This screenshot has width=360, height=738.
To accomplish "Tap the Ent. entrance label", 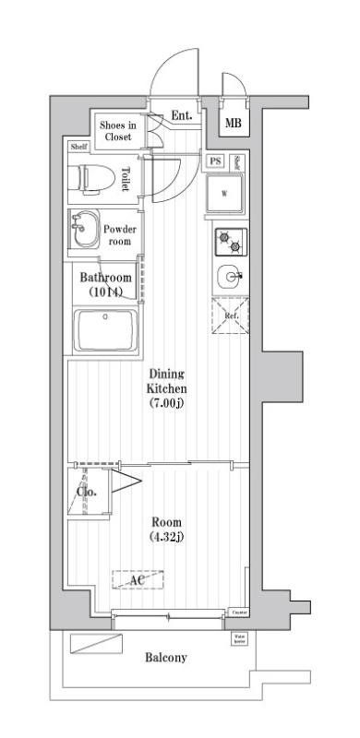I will tap(182, 116).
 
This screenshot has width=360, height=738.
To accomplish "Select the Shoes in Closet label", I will tap(117, 130).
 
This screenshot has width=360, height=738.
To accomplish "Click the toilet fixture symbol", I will tap(91, 176).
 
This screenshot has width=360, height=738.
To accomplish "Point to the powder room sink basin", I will tap(83, 228).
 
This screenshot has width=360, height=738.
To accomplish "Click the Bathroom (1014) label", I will tap(105, 284).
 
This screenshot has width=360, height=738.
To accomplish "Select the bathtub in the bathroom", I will tap(106, 331).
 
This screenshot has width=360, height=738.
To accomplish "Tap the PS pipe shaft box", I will tap(215, 161).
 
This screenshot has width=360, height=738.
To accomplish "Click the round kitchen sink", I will tap(230, 275).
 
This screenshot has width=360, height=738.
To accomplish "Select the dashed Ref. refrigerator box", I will tap(232, 315).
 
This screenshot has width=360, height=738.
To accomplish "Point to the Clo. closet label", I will tap(92, 491).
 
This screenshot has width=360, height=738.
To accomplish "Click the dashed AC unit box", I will tap(138, 579).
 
